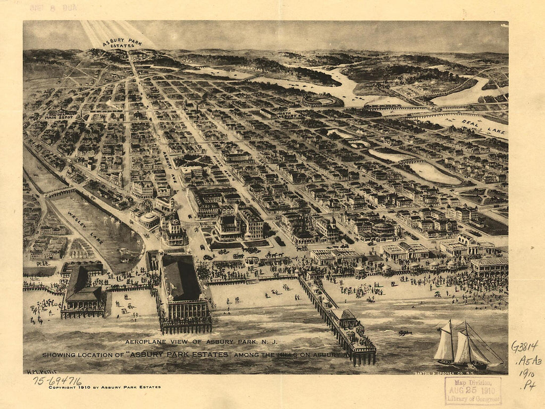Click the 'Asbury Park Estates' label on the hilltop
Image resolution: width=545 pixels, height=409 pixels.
[122, 43]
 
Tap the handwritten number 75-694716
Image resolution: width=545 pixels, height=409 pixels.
[57, 380]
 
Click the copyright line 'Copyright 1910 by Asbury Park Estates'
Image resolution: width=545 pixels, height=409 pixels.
[105, 387]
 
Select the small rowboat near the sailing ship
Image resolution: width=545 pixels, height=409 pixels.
[405, 333]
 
